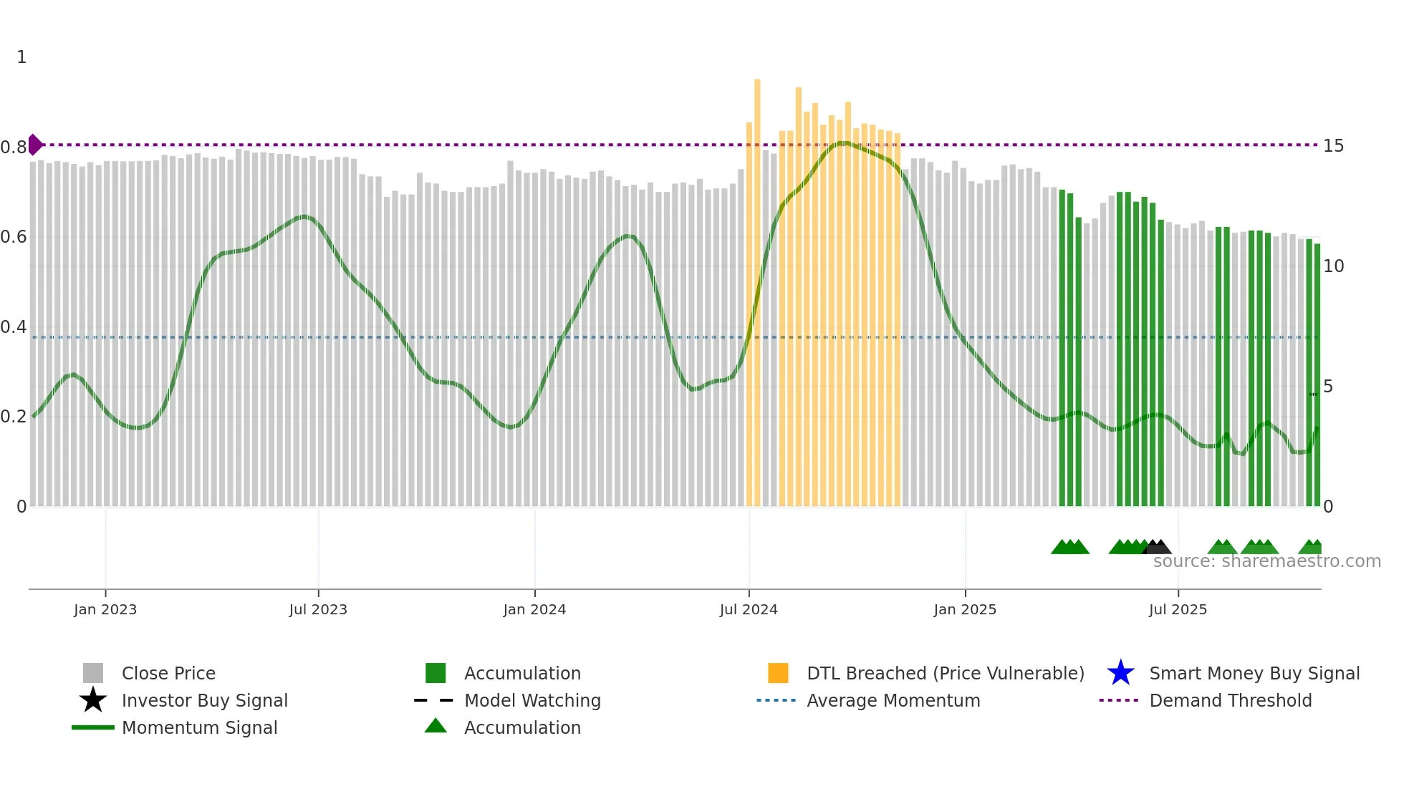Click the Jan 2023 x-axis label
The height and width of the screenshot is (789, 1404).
[x=105, y=609]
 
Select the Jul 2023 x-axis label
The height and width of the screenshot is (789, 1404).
[x=318, y=609]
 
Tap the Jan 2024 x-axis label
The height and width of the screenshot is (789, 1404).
[x=534, y=609]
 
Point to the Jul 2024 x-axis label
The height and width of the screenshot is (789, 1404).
[x=749, y=609]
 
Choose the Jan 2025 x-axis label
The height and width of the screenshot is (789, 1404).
[x=965, y=609]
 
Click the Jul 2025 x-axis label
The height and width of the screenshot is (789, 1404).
[x=1178, y=609]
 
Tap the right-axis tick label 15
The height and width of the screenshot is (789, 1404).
[x=1333, y=146]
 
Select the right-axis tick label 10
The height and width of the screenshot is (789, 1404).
[x=1333, y=266]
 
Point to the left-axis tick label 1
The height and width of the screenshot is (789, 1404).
[x=21, y=57]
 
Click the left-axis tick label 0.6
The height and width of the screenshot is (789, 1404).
[x=14, y=237]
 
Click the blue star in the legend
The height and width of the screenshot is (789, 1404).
[x=1120, y=673]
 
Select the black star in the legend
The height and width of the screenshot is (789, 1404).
[x=93, y=700]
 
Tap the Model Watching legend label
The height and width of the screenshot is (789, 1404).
[x=532, y=700]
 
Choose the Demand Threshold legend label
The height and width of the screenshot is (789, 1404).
[x=1230, y=700]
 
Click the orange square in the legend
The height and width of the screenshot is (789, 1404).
[x=778, y=673]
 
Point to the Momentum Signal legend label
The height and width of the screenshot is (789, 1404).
[x=199, y=727]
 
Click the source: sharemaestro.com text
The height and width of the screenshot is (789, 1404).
[x=1266, y=561]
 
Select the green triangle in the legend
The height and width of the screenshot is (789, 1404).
[x=436, y=727]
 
